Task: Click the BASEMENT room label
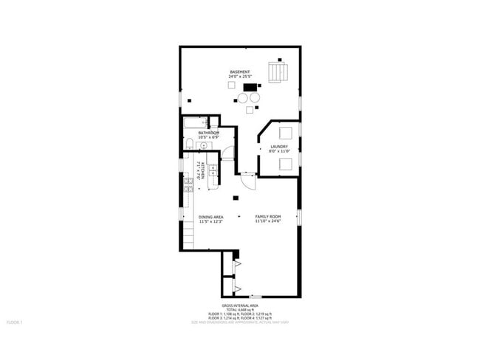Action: coord(239,72)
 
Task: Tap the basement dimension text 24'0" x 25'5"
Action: coord(239,76)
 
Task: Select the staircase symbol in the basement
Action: coord(278,72)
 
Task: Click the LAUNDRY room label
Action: coord(278,146)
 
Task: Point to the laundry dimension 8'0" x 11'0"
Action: coord(278,150)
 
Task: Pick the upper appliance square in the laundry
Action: coord(285,134)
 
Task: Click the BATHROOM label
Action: coord(198,133)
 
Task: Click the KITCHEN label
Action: coord(200,173)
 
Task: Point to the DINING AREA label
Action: coord(211,217)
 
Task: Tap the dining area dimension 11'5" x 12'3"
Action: coord(211,221)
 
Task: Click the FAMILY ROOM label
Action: coord(268,217)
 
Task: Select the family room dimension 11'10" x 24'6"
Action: coord(268,221)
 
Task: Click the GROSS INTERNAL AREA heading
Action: coord(240,305)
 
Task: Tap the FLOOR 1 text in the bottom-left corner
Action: coord(14,322)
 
